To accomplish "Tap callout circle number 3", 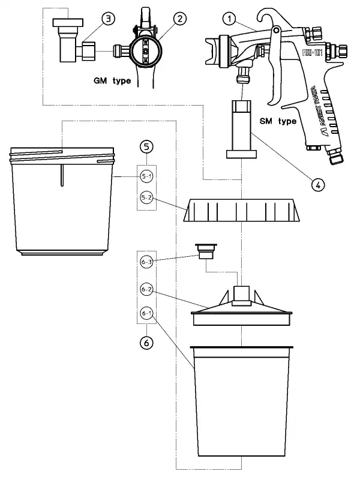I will point(107,20).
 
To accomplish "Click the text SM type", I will point(278,121).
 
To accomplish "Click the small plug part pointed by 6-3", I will point(206,251).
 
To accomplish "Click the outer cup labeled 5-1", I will point(63,204).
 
